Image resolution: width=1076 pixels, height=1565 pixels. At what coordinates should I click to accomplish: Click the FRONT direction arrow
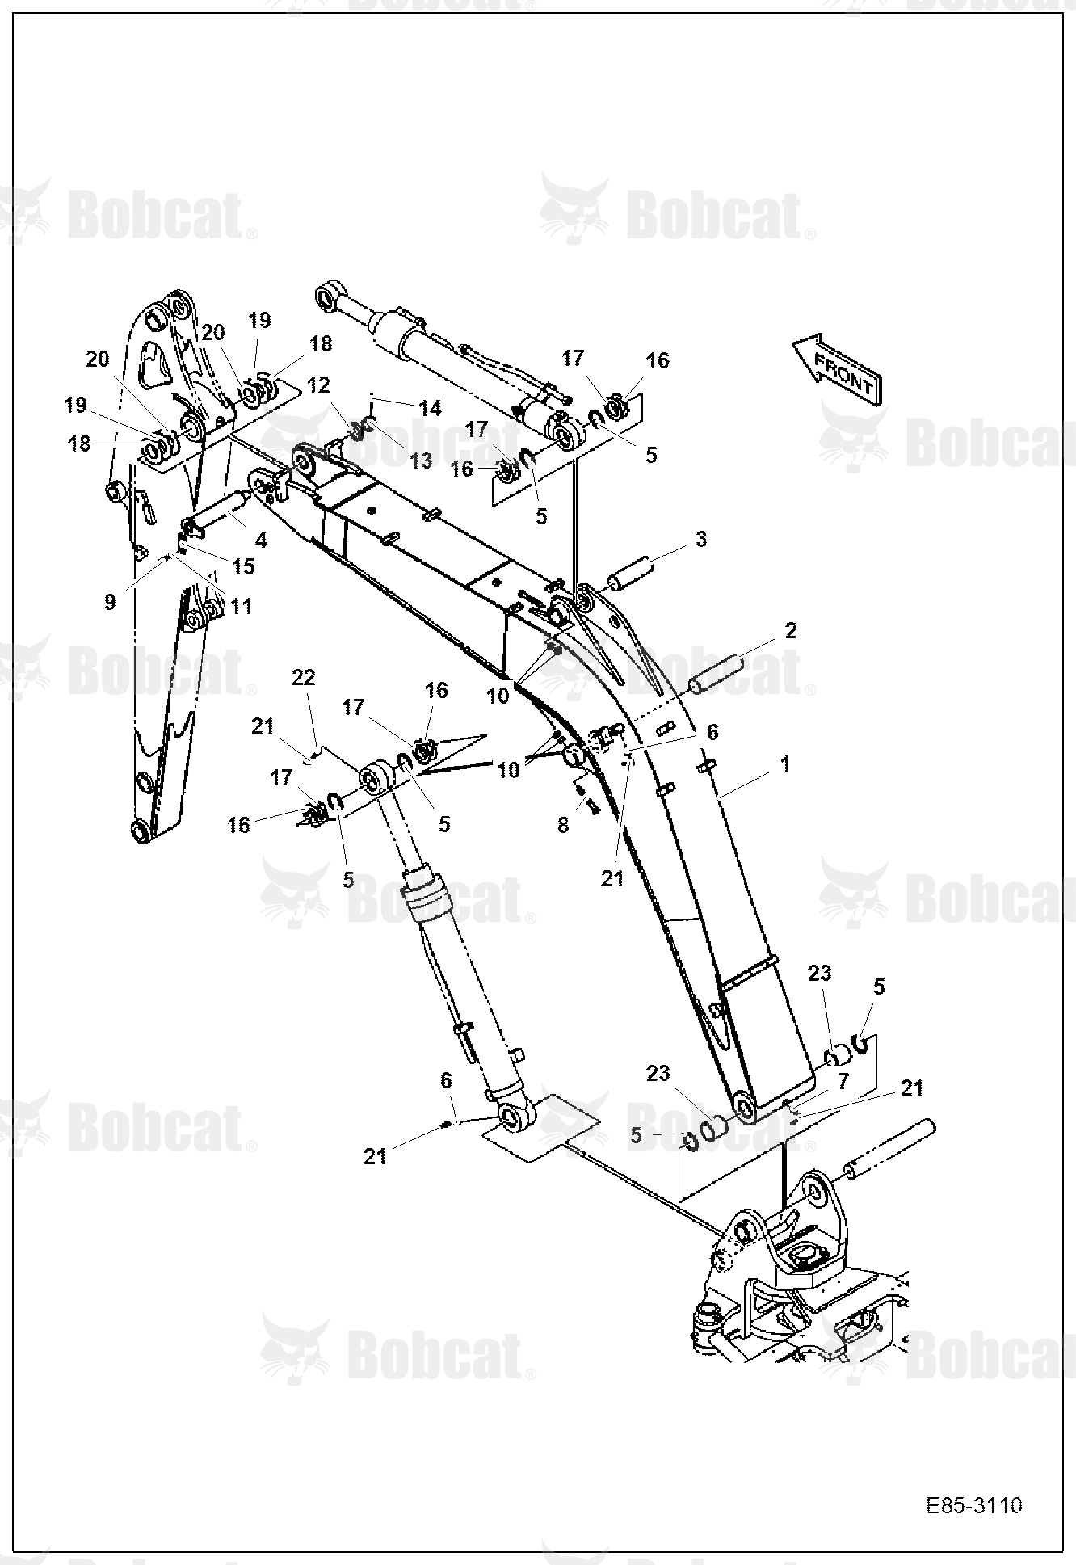838,369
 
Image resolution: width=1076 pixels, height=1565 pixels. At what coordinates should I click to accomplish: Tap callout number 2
790,630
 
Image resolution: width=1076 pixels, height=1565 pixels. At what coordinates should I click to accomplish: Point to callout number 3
700,538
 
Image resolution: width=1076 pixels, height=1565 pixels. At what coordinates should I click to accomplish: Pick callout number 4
261,539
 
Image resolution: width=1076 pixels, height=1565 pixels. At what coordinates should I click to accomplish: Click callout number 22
303,677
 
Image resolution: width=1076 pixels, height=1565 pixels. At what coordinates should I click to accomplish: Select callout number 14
431,408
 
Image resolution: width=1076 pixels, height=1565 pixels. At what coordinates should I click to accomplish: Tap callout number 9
110,601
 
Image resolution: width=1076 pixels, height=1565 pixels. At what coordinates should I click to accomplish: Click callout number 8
563,824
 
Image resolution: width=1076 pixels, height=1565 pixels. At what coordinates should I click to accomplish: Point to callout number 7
843,1080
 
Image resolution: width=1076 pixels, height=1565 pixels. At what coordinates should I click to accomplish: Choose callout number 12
318,386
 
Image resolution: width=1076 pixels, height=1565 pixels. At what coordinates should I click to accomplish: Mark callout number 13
421,461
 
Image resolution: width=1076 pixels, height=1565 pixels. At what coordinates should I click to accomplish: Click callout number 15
243,566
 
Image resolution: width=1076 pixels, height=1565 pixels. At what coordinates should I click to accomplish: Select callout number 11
242,605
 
